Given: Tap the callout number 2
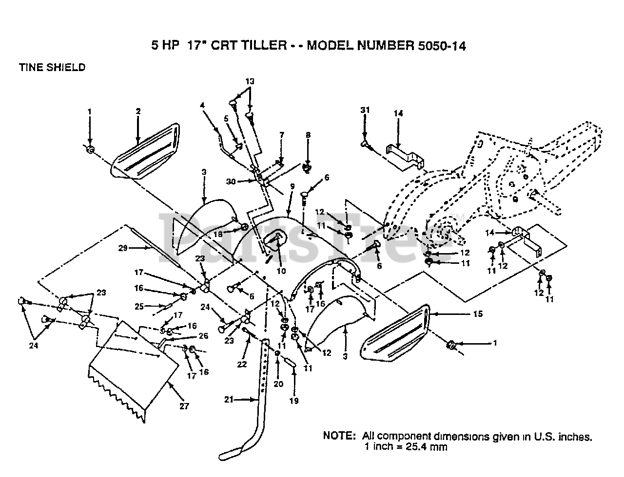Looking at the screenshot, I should coord(138,111).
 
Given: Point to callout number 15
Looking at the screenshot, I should coord(478,314).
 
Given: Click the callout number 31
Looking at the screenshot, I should coord(365,110).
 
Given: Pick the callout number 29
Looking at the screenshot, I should coord(122,248).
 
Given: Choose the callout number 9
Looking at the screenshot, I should coord(292,186).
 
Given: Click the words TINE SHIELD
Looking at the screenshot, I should coord(52,68).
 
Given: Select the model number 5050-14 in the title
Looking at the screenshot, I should coord(442,46).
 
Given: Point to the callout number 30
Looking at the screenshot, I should coord(231,181).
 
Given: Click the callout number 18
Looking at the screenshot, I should coord(218,234).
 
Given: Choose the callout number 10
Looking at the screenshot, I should coord(281,271).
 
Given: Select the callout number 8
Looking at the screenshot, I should coord(308,135).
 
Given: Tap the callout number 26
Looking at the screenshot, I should coord(203,336).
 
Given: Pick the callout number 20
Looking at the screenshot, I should coord(278,384).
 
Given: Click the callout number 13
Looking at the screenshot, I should coord(250,81).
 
